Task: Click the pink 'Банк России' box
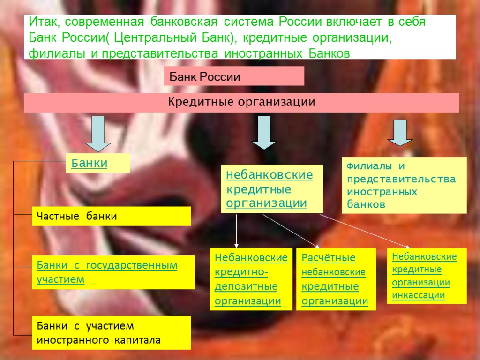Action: (x=234, y=76)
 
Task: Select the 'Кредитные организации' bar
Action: (x=241, y=103)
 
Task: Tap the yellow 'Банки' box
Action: (x=97, y=163)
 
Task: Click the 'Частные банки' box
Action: (x=111, y=216)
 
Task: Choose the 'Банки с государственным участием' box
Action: (x=112, y=272)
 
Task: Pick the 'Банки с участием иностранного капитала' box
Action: (x=111, y=333)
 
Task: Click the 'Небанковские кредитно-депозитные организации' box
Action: (x=251, y=279)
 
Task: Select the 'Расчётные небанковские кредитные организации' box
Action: (x=336, y=279)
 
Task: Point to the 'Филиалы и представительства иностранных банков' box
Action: (x=404, y=185)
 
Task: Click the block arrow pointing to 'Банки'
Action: (x=98, y=134)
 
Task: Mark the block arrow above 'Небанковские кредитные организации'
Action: (x=264, y=132)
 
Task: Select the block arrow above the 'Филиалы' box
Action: (x=400, y=133)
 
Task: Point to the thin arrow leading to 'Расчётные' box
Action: (x=291, y=231)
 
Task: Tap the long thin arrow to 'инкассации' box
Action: (x=366, y=231)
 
